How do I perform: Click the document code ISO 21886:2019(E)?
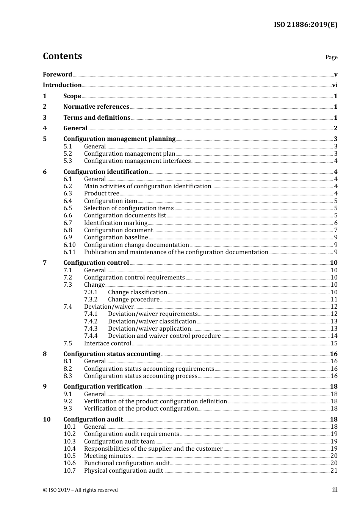[x=305, y=25]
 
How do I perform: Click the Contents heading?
[x=62, y=56]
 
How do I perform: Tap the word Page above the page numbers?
[x=331, y=57]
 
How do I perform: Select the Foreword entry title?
[x=57, y=74]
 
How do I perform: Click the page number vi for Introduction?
[x=335, y=85]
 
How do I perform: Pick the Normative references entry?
[x=96, y=107]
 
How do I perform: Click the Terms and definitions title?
[x=97, y=118]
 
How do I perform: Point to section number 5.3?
[x=67, y=161]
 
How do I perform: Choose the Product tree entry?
[x=102, y=194]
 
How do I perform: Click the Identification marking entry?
[x=116, y=223]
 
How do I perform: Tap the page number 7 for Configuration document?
[x=335, y=230]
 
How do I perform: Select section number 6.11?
[x=69, y=252]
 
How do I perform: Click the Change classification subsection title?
[x=137, y=292]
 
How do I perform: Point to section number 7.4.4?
[x=91, y=336]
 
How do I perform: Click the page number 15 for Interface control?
[x=334, y=343]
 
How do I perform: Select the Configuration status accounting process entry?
[x=141, y=376]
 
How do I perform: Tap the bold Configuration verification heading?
[x=103, y=387]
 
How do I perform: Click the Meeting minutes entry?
[x=108, y=456]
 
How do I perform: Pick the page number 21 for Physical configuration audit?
[x=334, y=471]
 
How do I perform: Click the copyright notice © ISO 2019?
[x=80, y=490]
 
